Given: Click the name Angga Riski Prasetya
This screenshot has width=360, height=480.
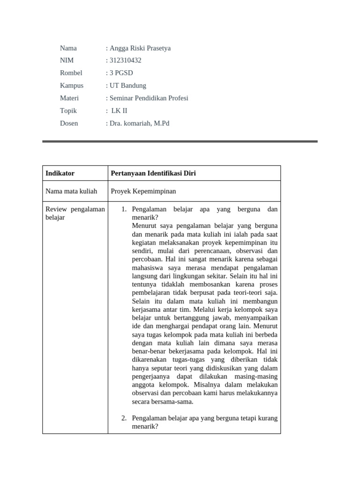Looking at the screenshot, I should click(140, 48).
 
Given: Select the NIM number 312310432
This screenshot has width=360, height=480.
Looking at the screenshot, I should click(125, 60).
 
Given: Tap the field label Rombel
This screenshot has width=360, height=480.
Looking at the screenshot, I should click(71, 73).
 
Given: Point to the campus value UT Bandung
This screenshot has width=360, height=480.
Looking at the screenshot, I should click(127, 85).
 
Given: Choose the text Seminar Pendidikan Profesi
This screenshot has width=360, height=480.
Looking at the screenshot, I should click(149, 98).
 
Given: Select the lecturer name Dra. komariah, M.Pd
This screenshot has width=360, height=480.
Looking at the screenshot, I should click(139, 123).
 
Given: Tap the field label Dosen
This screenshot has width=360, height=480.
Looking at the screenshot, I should click(69, 123).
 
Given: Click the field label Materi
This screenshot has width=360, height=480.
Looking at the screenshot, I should click(69, 98).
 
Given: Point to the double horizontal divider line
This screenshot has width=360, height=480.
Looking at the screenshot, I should click(180, 141).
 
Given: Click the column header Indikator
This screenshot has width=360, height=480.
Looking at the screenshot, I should click(60, 173).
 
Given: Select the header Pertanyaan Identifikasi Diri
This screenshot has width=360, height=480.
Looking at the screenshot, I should click(153, 173).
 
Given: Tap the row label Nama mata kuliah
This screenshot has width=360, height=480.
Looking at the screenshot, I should click(71, 191).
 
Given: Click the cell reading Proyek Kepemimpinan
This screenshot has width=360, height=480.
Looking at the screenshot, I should click(143, 191).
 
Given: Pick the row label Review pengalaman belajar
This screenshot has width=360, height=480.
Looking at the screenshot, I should click(75, 213).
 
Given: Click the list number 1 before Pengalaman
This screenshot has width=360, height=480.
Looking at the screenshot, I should click(124, 210).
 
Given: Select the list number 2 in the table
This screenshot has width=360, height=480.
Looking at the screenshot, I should click(124, 418).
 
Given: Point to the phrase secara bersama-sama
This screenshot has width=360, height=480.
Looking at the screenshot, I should click(163, 401).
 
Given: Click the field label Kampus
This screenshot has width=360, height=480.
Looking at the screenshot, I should click(72, 85).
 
